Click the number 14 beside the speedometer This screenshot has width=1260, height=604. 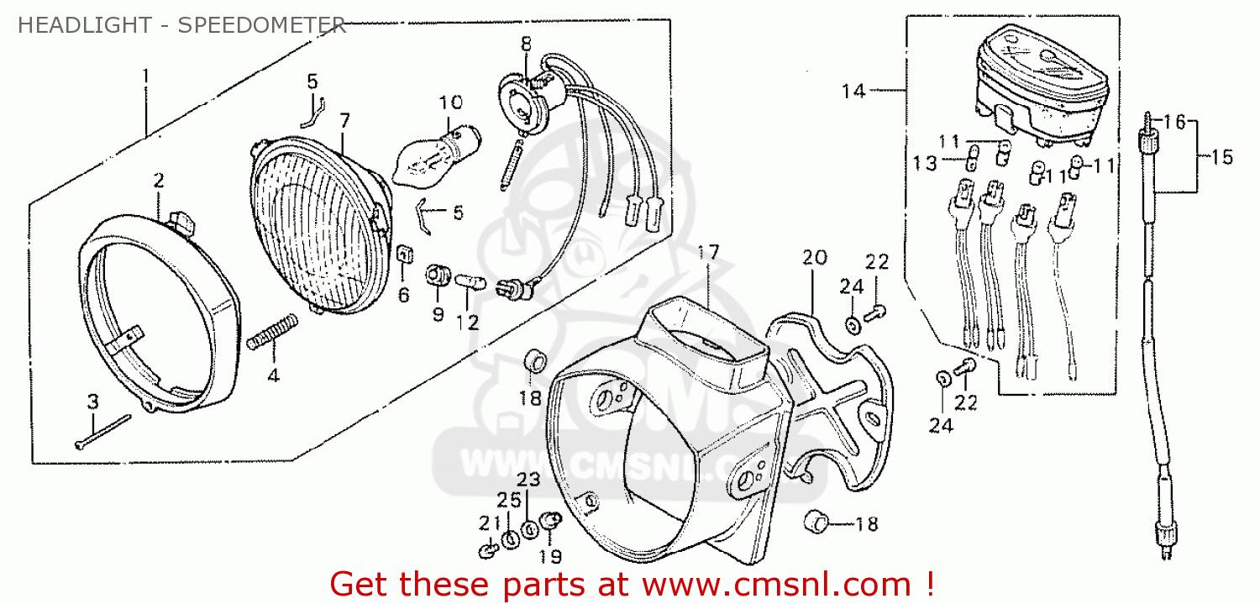(x=853, y=91)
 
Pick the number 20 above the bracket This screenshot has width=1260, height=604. (x=814, y=257)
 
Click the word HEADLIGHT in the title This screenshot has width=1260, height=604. (x=69, y=24)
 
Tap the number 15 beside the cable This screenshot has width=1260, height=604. (x=1222, y=156)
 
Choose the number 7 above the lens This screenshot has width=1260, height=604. (x=344, y=119)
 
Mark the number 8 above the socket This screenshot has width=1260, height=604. (x=526, y=43)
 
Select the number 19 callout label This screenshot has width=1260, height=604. (x=551, y=555)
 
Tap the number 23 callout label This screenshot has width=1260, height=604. (x=527, y=480)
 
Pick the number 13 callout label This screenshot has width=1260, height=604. (x=924, y=164)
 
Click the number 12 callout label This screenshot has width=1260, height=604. (x=467, y=322)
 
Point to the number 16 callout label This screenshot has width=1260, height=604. (x=1173, y=123)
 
